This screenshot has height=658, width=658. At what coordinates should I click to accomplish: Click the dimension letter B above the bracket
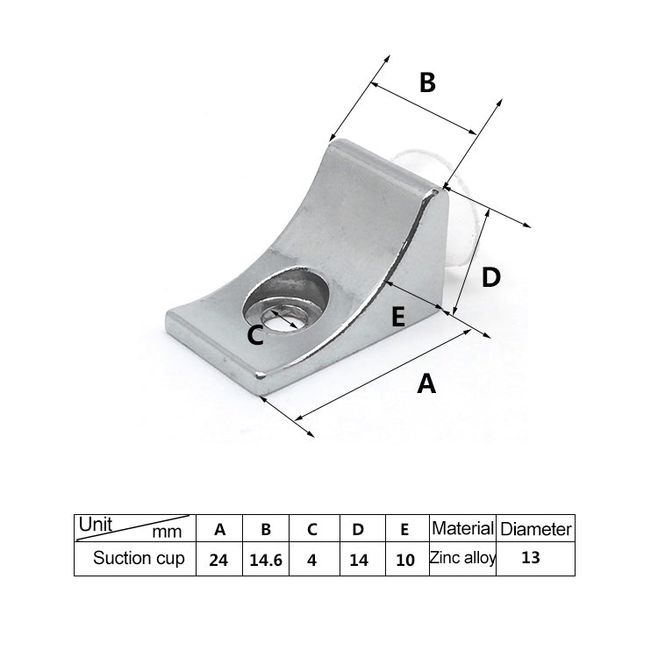pos(426,83)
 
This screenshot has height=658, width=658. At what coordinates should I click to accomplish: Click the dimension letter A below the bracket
pos(426,383)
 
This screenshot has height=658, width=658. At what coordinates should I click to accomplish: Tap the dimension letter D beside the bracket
pos(491,277)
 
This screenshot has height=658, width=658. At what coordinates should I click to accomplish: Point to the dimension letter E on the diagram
pos(398,317)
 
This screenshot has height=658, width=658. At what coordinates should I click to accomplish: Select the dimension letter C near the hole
pos(254,334)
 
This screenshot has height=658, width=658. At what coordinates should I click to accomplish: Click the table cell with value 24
pos(219,559)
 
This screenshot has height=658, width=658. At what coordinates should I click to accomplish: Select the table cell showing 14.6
pos(265,559)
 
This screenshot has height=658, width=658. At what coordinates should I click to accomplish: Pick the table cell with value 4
pos(311,559)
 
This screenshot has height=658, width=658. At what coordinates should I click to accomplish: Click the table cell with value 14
pos(358,559)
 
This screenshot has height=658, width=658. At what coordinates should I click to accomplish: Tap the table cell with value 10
pos(404,559)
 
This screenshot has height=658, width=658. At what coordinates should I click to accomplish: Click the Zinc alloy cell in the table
pos(462,557)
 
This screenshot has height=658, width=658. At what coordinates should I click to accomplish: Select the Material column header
pos(462,528)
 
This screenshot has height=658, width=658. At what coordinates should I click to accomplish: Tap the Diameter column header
pos(535,529)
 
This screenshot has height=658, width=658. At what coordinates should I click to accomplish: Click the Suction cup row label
pos(139,558)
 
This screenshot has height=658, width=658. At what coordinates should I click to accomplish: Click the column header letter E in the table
pos(404,529)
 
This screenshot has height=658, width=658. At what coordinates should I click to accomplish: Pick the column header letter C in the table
pos(311,529)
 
